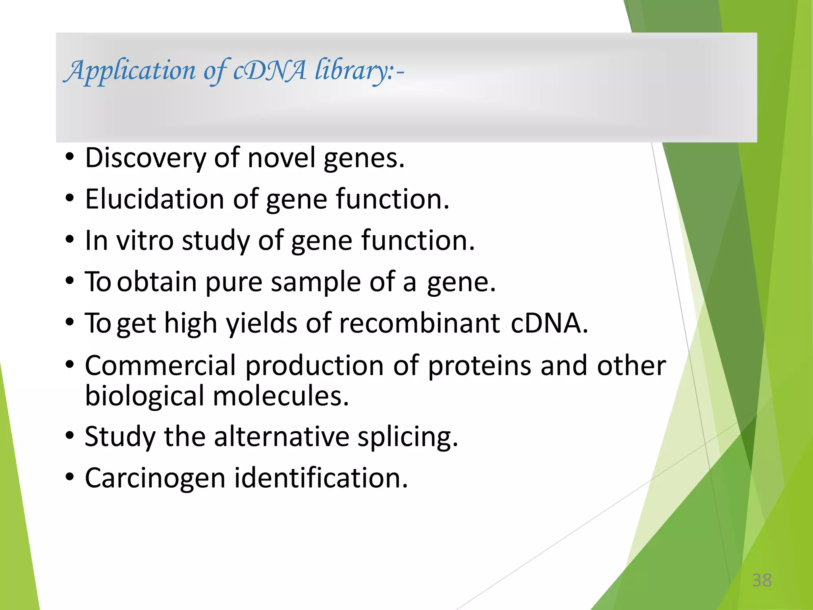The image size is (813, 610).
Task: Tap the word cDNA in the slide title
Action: click(270, 71)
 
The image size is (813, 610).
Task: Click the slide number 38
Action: click(762, 580)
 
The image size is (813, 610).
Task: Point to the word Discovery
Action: click(145, 158)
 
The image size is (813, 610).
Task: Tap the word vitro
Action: click(145, 241)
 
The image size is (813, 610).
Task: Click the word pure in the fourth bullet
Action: click(234, 282)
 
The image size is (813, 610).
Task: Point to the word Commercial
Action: click(160, 365)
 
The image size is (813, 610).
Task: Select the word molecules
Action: click(281, 396)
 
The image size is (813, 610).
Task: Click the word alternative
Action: click(281, 436)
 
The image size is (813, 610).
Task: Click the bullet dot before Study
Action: click(70, 436)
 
